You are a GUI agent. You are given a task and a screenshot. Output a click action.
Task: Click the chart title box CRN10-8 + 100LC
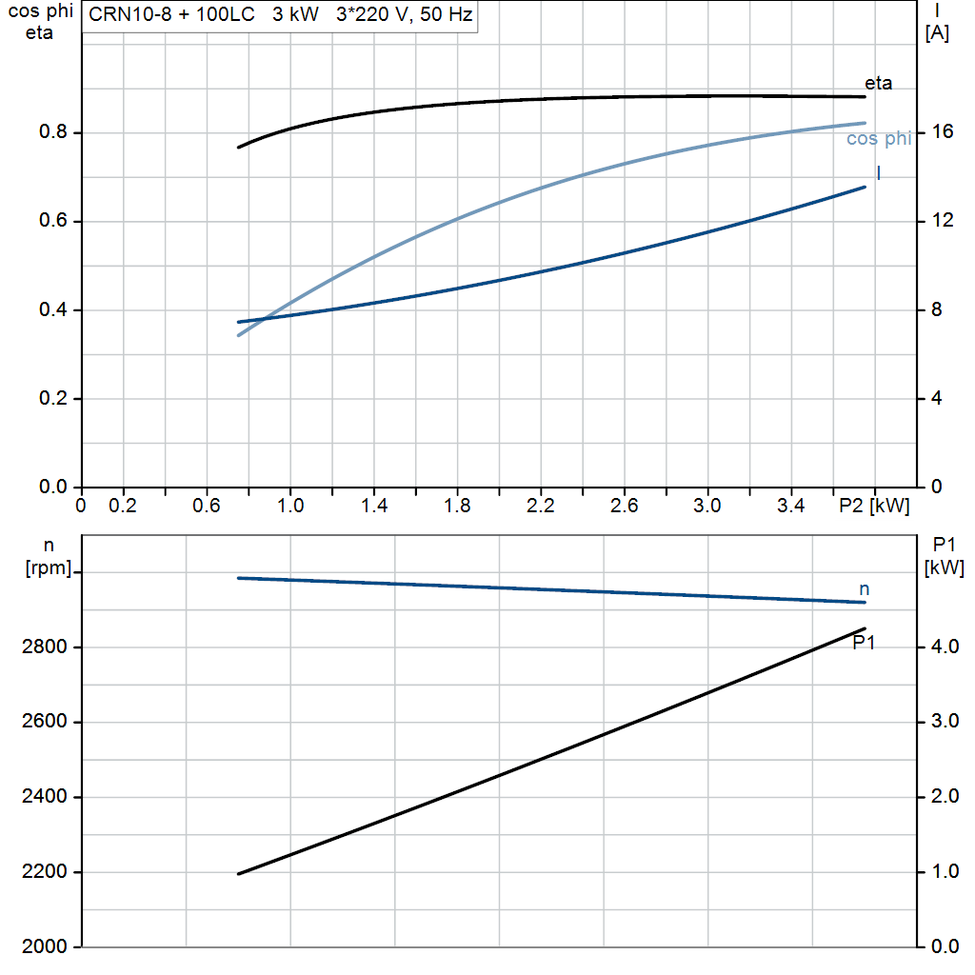(280, 15)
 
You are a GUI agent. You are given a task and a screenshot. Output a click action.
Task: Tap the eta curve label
(878, 84)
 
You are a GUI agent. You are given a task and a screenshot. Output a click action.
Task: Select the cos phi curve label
(879, 139)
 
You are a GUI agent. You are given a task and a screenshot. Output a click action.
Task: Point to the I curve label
(877, 173)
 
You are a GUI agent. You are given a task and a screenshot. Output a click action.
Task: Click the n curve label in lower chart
(865, 589)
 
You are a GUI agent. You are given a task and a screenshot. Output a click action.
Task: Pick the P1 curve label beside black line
(864, 643)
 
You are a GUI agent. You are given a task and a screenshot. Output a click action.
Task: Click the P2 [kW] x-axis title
(873, 505)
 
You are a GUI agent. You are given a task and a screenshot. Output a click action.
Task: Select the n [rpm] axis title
(47, 557)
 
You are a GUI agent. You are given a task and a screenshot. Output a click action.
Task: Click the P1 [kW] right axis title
(944, 557)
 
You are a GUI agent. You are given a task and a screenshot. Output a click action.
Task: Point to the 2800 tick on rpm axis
(44, 647)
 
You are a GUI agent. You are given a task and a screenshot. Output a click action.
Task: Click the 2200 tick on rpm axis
(44, 872)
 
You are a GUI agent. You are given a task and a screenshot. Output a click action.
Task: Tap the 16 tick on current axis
(943, 132)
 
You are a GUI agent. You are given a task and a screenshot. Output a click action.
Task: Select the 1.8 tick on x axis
(457, 506)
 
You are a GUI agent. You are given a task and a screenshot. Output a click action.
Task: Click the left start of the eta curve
(239, 147)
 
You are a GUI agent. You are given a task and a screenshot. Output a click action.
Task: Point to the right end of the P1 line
(865, 628)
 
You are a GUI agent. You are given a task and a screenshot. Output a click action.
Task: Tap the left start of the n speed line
(238, 578)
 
